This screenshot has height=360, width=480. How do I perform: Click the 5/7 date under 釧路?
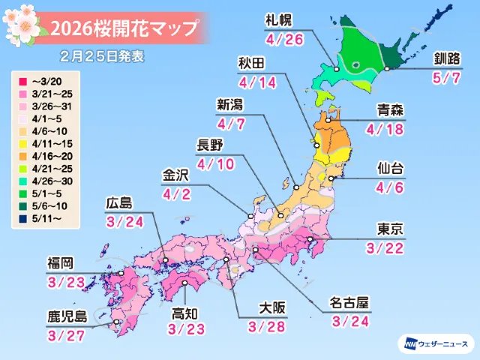[440, 78]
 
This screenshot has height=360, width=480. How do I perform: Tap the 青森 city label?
[393, 109]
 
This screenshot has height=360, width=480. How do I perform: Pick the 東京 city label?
[392, 229]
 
